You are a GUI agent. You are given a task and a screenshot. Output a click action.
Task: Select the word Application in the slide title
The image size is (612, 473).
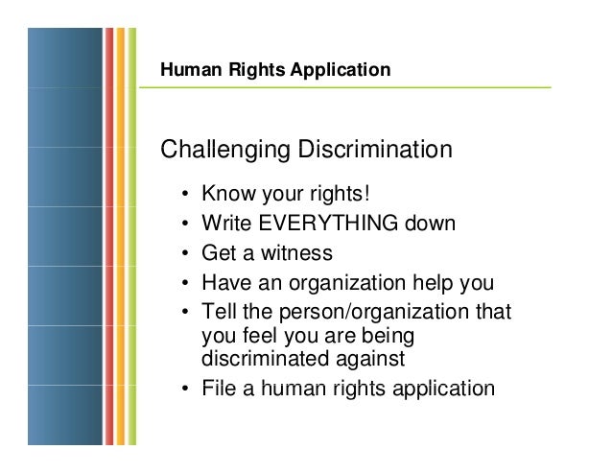pos(346,70)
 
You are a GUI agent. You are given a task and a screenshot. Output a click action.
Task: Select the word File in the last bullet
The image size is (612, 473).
pos(218,389)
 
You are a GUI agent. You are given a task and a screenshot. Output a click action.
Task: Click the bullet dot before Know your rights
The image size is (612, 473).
pos(183,197)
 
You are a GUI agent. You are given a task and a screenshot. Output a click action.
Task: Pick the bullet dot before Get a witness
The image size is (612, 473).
pos(183,254)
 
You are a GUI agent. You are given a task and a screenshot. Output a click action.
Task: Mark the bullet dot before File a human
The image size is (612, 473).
pos(183,390)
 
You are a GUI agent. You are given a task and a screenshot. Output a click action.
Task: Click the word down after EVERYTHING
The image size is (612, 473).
pos(429,225)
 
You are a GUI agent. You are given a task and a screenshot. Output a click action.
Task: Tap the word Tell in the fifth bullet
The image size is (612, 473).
pos(218,313)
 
